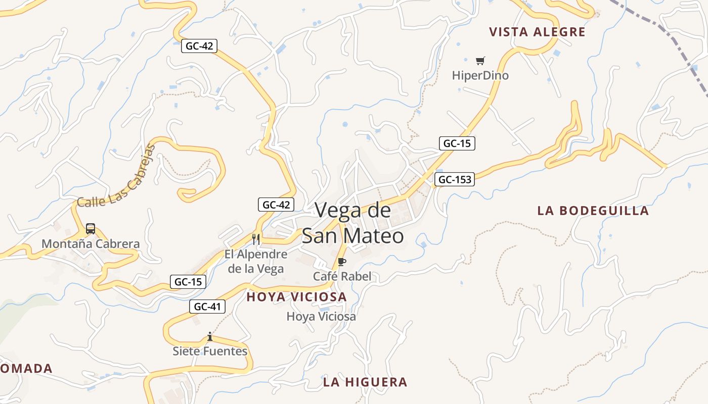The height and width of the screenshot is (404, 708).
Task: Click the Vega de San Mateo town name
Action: [353, 223]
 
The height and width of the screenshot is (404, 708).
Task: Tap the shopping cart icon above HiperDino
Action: [480, 61]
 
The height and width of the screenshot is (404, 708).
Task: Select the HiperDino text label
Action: [480, 76]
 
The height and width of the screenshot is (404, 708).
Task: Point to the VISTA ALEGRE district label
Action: [537, 32]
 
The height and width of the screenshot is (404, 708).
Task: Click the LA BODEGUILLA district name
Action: [593, 211]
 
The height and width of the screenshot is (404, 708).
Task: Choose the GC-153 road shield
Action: [455, 179]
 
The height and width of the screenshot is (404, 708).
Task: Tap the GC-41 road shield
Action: [207, 307]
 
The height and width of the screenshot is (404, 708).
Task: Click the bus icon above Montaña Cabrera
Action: [91, 229]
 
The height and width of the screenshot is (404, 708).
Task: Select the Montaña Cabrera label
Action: [91, 244]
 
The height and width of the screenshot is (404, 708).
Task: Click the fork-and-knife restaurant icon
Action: [256, 239]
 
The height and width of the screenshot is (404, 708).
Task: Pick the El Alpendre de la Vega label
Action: [256, 262]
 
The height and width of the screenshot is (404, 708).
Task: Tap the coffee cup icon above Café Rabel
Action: [342, 262]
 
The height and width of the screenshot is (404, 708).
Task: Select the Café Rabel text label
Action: [342, 276]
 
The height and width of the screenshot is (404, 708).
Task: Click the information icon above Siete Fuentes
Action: [210, 336]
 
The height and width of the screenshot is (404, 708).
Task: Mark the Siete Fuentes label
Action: [210, 351]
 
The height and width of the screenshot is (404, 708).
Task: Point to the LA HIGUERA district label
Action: [365, 382]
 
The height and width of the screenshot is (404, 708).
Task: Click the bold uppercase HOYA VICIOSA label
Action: [297, 297]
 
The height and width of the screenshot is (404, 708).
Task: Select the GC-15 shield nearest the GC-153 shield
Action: [457, 143]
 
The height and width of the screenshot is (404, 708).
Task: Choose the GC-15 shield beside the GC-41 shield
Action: [188, 282]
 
